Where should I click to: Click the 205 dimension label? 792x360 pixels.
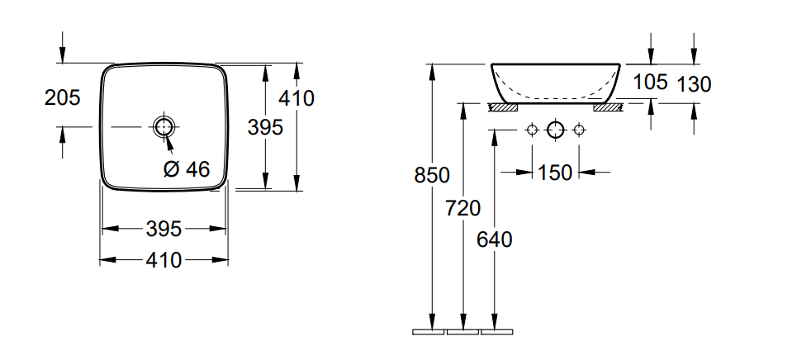coord(62,98)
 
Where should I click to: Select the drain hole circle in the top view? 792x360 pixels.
coord(164,126)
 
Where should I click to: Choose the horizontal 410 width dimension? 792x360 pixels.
coord(164,261)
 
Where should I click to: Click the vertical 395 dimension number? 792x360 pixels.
coord(265,127)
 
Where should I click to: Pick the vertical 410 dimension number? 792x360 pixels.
coord(296,99)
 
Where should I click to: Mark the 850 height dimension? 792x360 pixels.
coord(432,176)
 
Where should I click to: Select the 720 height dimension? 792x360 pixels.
coord(462,208)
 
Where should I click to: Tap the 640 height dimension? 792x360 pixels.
coord(495,239)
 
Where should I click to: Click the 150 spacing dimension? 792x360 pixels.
coord(555,173)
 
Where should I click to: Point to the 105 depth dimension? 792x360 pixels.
coord(651,82)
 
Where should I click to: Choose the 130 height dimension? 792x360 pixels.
coord(694,83)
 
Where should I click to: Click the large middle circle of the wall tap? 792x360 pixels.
coord(555,130)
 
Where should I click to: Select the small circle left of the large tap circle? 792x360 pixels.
coord(532,130)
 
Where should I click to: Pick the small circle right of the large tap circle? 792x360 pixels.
coord(579,130)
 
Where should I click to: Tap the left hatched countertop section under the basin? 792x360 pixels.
coord(502,106)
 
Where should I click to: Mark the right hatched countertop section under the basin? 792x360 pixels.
coord(609,106)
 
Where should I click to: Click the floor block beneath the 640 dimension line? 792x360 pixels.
coord(497,332)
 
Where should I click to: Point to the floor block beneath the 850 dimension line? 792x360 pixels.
coord(429,332)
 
